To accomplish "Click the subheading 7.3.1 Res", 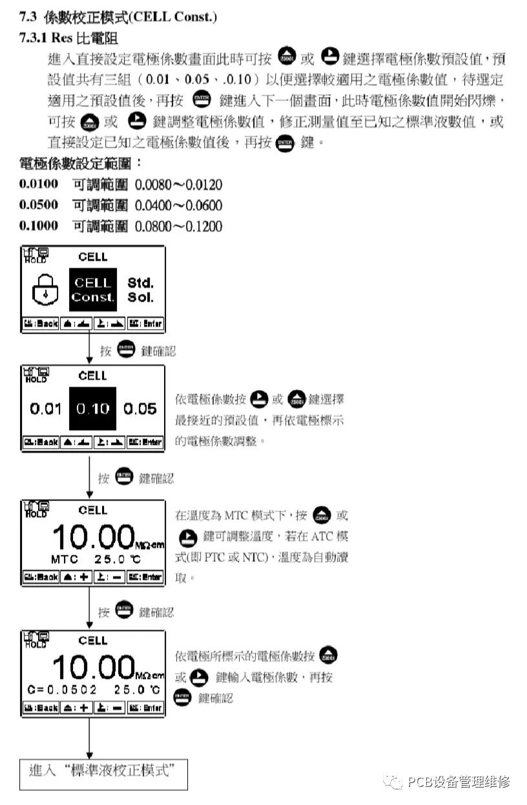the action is (68, 38).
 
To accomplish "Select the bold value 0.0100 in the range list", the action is (39, 185).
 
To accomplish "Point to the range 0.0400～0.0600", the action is (178, 206).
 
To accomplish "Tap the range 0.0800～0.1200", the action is (178, 226).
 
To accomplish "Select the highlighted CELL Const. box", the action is (92, 290).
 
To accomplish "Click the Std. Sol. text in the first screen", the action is (140, 290).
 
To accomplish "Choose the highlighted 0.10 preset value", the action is (92, 409).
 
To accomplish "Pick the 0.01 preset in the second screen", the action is (45, 409).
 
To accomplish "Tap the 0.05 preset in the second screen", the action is (140, 409).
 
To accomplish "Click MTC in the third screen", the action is (65, 558).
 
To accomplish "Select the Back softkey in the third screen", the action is (41, 577).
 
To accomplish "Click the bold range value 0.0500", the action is (39, 206).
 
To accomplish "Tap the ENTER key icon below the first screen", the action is (127, 350).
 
